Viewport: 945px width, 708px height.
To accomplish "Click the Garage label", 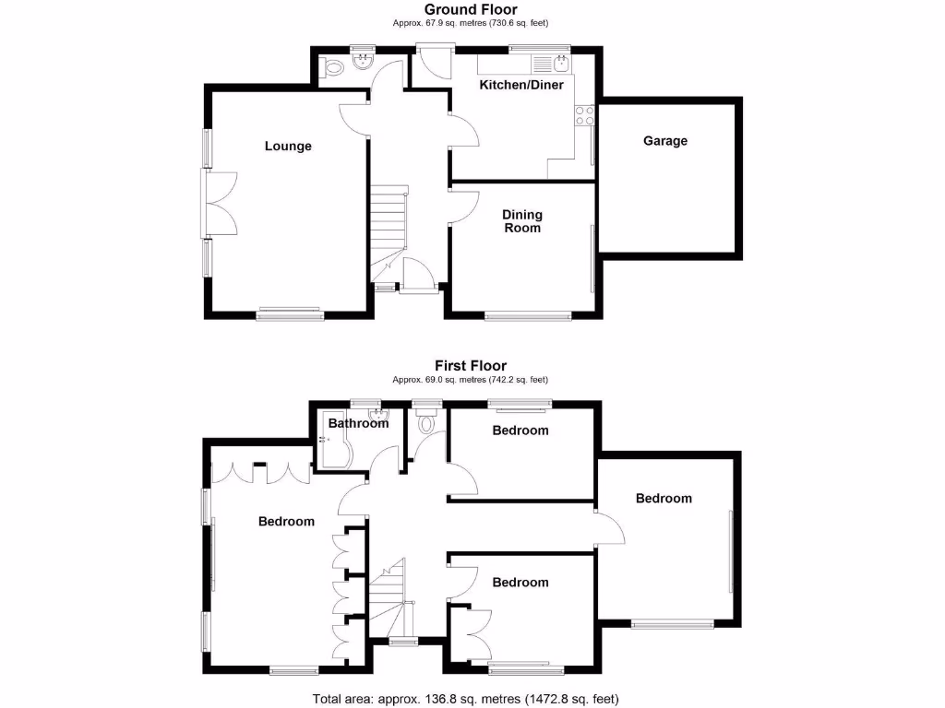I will pyautogui.click(x=665, y=141).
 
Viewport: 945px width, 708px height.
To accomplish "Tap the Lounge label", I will pyautogui.click(x=288, y=146).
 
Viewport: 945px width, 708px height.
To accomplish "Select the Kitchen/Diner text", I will pyautogui.click(x=520, y=85).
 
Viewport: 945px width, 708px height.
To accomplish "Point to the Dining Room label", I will pyautogui.click(x=522, y=221).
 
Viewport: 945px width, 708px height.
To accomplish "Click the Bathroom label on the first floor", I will pyautogui.click(x=359, y=424).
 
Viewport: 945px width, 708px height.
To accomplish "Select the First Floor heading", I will pyautogui.click(x=471, y=366).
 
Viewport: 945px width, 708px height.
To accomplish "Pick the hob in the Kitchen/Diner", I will pyautogui.click(x=584, y=115).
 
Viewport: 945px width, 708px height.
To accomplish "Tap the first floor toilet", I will pyautogui.click(x=426, y=424).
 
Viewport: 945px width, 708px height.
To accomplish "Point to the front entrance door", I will pyautogui.click(x=420, y=277).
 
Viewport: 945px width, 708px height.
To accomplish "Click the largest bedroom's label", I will pyautogui.click(x=286, y=522).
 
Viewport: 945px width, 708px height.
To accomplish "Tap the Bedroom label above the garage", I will pyautogui.click(x=663, y=498).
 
